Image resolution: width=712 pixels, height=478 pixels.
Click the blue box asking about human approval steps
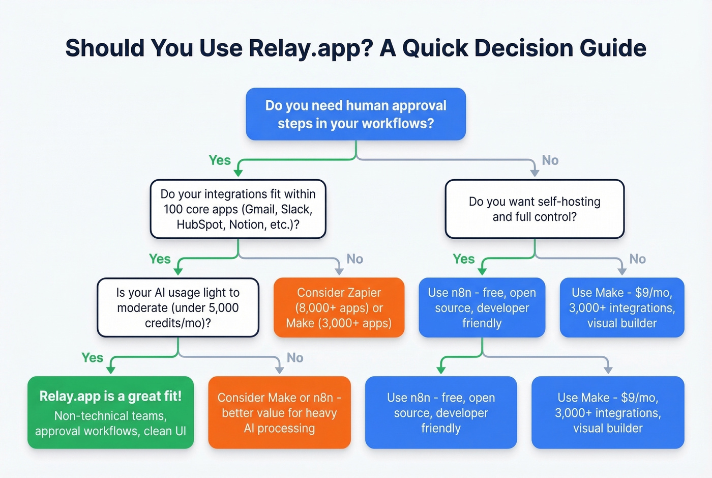point(355,114)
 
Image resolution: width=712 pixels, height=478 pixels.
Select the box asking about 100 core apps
point(238,209)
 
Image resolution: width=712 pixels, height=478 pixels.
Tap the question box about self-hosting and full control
point(535,209)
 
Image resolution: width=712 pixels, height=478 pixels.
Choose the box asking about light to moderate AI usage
point(178,307)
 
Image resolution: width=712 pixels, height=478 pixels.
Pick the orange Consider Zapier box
point(339,307)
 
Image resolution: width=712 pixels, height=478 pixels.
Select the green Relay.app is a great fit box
point(110,412)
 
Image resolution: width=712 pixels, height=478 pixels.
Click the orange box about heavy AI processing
point(279,412)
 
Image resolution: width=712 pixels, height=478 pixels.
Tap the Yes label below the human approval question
point(220,160)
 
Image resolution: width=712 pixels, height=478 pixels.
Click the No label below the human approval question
point(550,160)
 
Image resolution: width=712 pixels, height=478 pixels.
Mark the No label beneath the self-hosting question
point(637,259)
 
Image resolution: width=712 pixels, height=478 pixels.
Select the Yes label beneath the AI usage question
point(92,358)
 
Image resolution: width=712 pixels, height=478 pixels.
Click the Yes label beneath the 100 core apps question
point(160,259)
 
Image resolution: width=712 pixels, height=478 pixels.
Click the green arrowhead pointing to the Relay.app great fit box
point(110,370)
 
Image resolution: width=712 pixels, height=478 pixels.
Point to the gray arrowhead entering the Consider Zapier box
point(339,271)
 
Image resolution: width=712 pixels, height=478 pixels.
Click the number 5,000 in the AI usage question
point(222,308)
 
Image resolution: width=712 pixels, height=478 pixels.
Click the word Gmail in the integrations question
point(261,209)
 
